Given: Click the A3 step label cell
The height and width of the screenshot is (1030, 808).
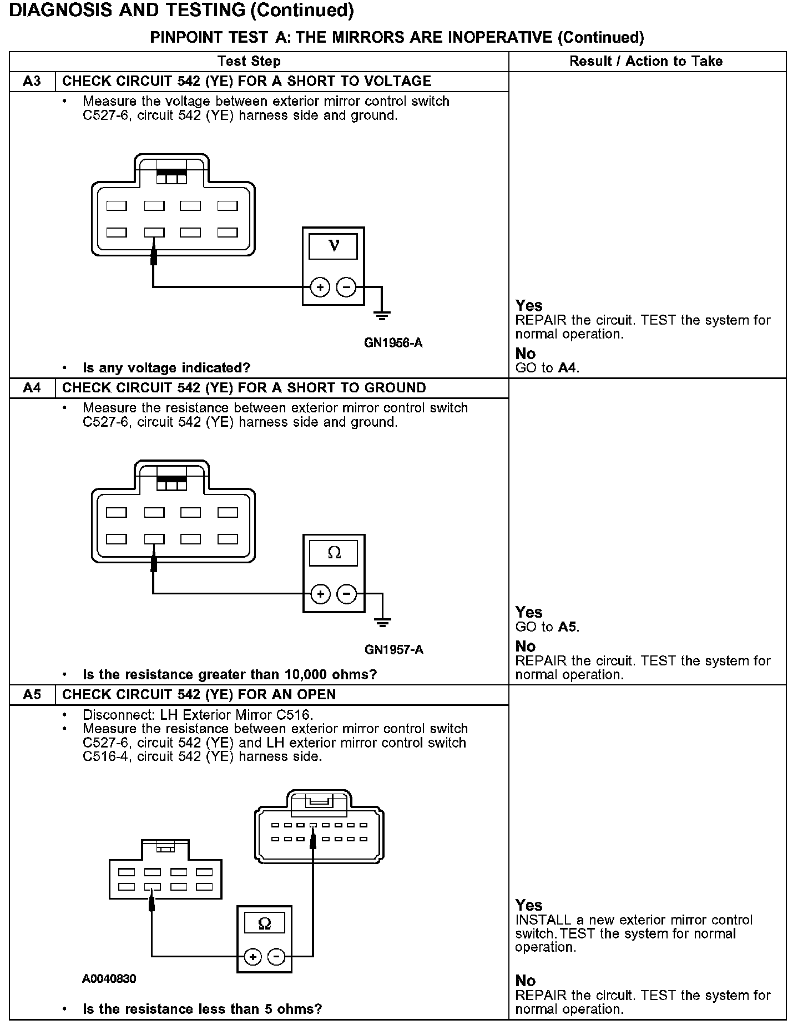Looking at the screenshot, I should tap(32, 82).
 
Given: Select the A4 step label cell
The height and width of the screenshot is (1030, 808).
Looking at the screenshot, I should tap(32, 388).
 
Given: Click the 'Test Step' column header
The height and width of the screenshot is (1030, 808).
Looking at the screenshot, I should tap(249, 61).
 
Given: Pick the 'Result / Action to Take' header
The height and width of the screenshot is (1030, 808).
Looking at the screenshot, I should tap(646, 61).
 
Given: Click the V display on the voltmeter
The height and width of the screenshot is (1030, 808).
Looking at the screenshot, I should tap(333, 246).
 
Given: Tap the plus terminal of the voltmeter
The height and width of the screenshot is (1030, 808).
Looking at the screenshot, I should tap(320, 287).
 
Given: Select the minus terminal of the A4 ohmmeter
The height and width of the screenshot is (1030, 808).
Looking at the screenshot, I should tap(347, 594).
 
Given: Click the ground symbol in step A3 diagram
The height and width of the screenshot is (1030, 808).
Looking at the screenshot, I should tap(382, 316).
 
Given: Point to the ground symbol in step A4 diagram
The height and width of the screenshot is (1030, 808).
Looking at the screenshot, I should tap(382, 623).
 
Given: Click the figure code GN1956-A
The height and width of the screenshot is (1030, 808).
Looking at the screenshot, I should tap(393, 343).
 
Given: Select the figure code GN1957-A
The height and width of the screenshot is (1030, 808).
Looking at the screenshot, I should tap(394, 649).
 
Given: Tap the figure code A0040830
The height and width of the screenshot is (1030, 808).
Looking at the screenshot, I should tap(109, 978).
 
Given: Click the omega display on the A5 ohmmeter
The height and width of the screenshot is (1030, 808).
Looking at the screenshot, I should tap(265, 924).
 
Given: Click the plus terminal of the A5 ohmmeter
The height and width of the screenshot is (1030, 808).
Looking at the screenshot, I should tap(252, 956).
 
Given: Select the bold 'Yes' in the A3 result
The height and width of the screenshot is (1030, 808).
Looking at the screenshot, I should tap(529, 306).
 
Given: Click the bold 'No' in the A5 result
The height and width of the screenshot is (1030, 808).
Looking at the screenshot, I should tap(526, 981).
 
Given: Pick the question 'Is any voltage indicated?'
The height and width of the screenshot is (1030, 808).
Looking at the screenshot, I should tap(166, 368).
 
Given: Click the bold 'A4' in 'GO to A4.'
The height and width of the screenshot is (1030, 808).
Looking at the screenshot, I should tap(567, 368).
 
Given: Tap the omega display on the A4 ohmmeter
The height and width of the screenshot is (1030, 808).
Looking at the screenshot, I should tap(334, 553).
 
